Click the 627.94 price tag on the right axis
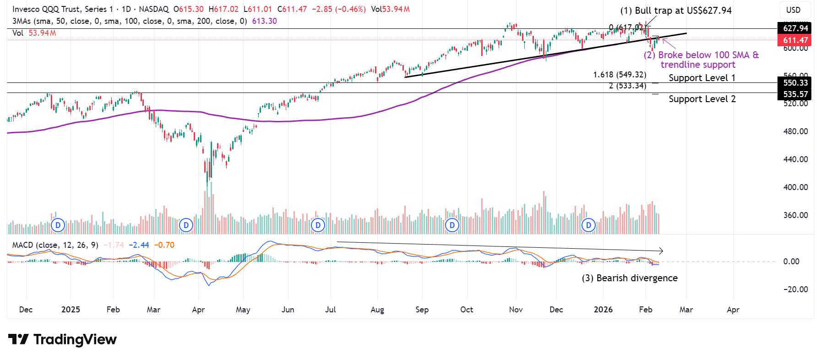coord(795,28)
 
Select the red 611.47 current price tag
coord(795,40)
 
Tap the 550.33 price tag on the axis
coord(795,83)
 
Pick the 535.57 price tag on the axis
coord(795,94)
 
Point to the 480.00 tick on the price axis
coord(795,131)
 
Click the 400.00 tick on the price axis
coord(795,187)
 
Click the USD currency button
coord(793,10)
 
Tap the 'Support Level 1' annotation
coord(701,78)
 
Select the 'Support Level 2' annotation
coord(701,99)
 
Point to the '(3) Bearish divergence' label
coord(630,278)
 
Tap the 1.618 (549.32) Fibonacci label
coord(620,75)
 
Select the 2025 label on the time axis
coord(71,310)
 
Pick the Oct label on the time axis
coord(467,310)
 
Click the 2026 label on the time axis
coord(603,310)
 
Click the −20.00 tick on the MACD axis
coord(795,289)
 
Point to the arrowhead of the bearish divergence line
coord(661,251)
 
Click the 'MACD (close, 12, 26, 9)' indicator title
coord(55,245)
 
